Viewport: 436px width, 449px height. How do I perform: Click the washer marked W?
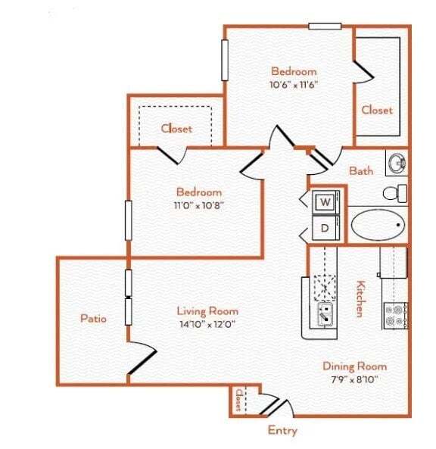[324, 202]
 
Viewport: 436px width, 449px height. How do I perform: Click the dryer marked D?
[324, 227]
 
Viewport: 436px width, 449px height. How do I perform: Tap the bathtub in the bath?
[378, 225]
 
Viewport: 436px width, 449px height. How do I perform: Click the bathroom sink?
[396, 161]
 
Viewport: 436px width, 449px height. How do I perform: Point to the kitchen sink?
[325, 313]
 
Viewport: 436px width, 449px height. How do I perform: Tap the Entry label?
[282, 430]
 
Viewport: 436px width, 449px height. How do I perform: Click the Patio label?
[93, 319]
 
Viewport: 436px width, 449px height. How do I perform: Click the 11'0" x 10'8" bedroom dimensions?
[198, 204]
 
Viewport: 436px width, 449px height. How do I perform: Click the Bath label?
[360, 170]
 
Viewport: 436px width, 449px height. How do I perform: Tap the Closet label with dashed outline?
[176, 128]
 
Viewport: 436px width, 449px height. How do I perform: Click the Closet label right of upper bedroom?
[376, 110]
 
